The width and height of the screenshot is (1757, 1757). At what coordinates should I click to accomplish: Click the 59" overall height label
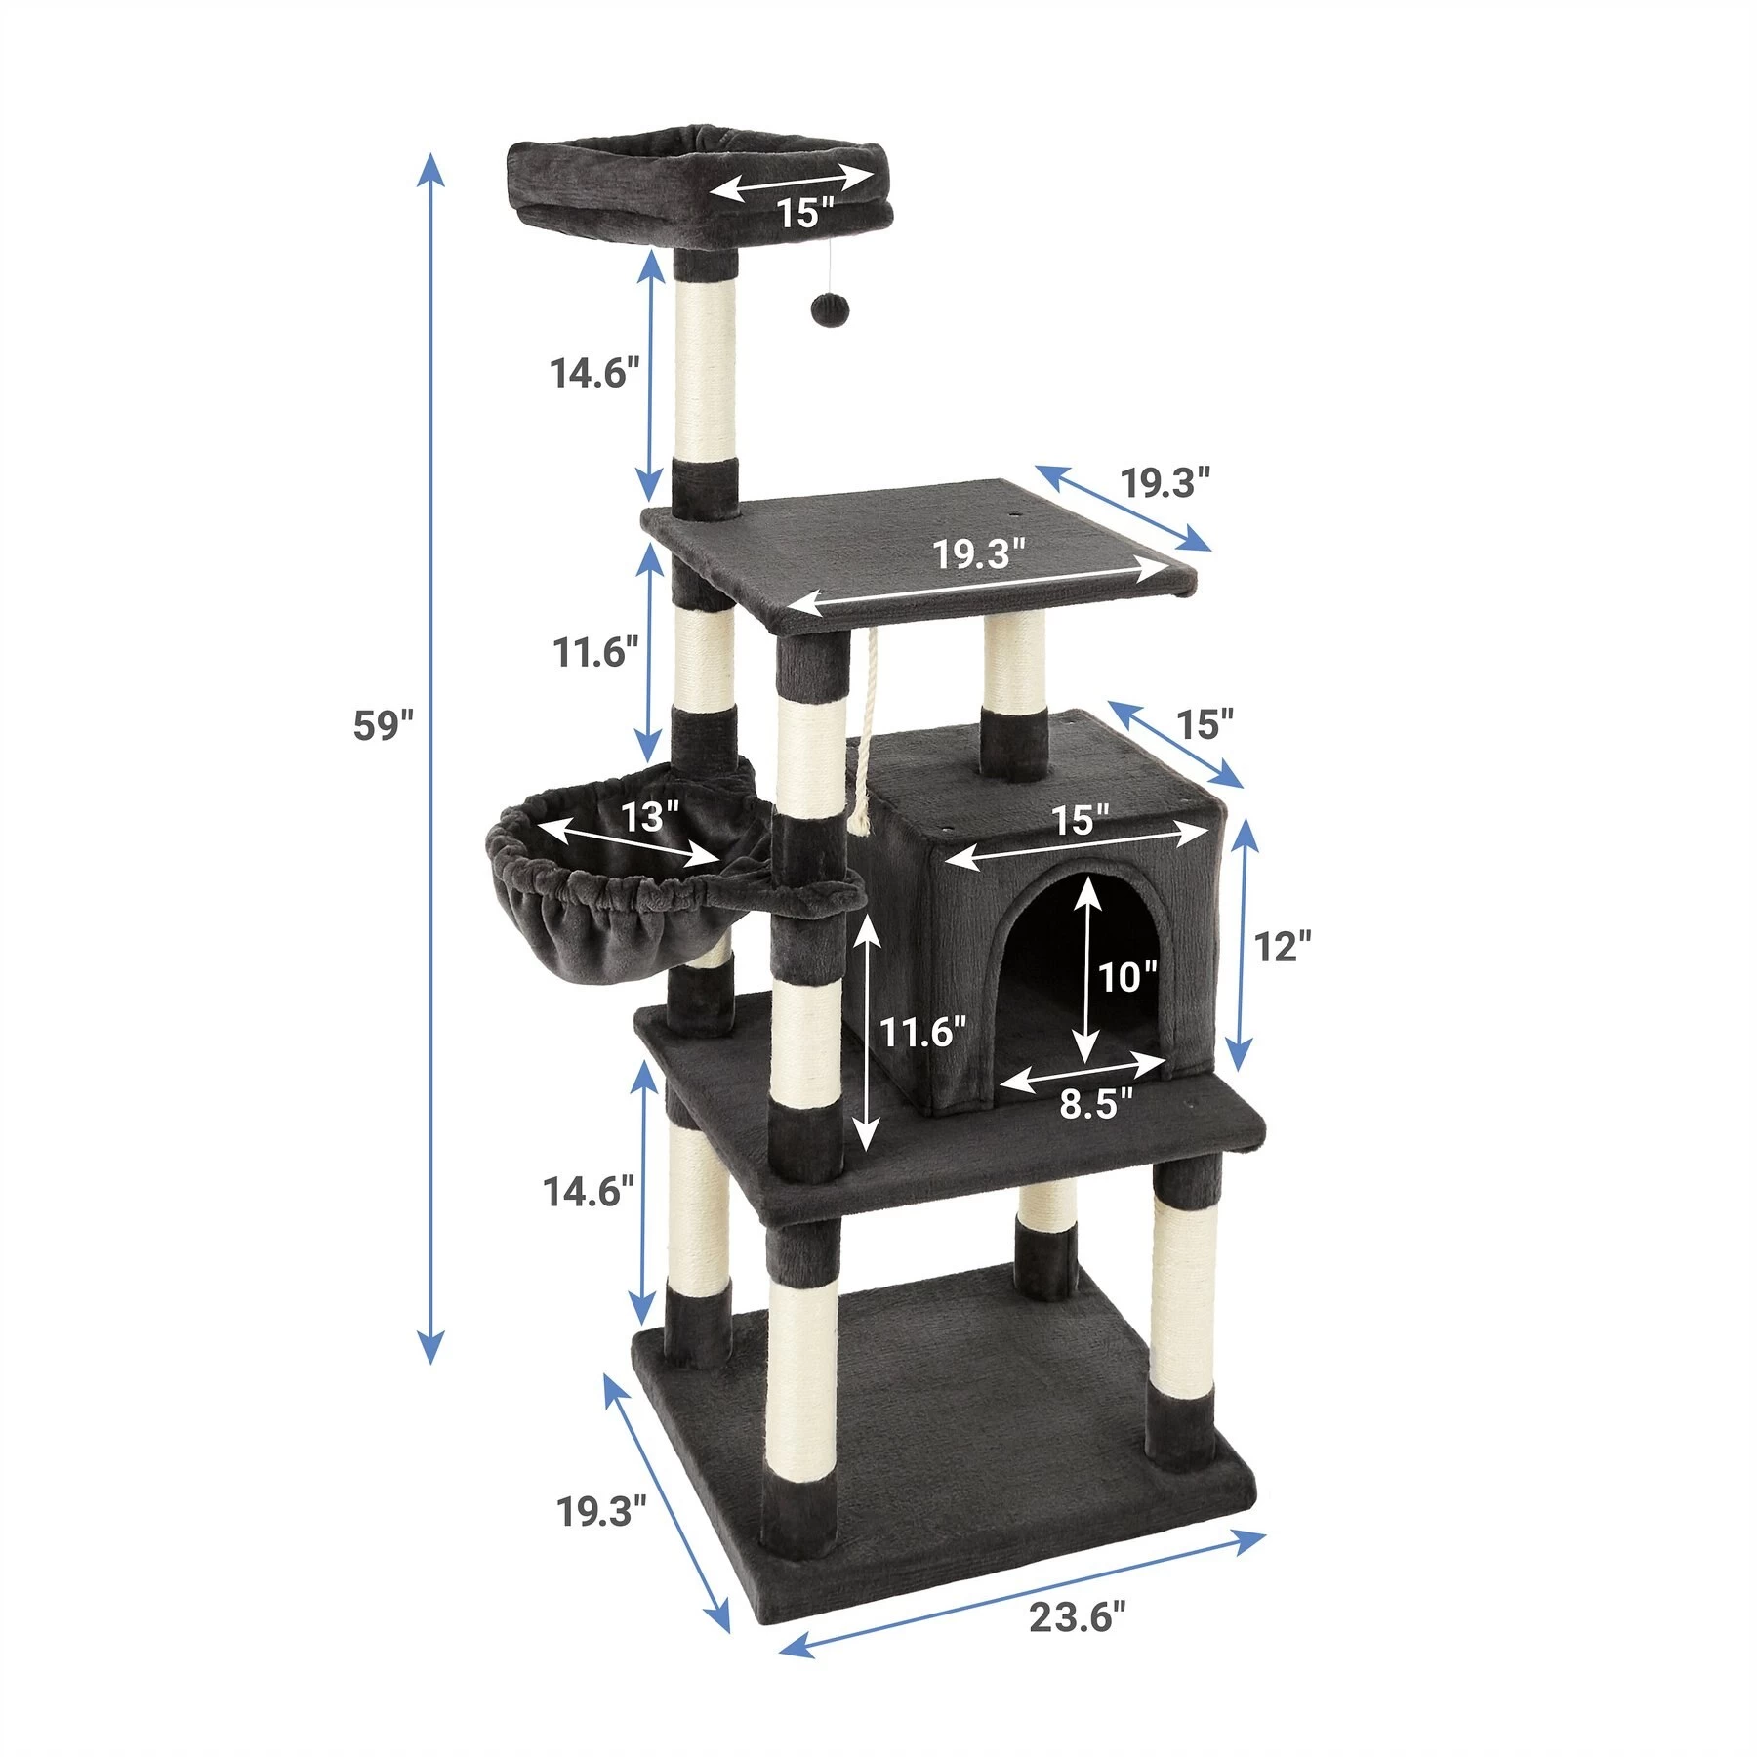coord(384,726)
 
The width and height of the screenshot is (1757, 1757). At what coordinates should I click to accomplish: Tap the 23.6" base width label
coord(1078,1617)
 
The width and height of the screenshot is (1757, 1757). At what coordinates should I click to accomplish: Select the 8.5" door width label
coord(1096,1103)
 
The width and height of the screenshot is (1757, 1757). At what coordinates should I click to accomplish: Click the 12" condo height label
coord(1282,946)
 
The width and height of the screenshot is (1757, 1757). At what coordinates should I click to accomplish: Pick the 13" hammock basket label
coord(650,816)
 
